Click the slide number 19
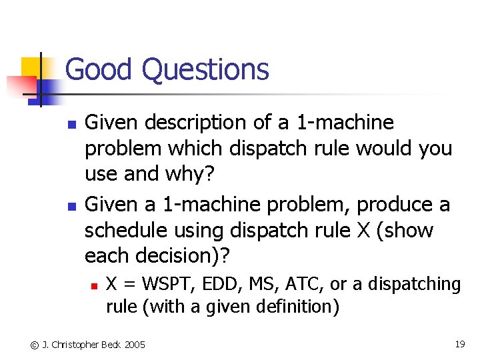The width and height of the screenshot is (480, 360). [459, 344]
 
